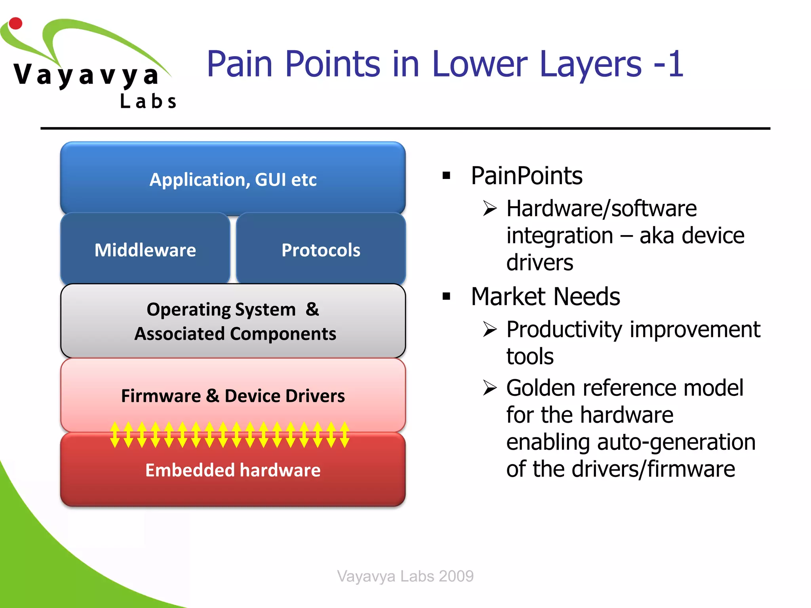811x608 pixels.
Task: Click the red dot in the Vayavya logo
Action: click(15, 23)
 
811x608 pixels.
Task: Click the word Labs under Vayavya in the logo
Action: click(148, 101)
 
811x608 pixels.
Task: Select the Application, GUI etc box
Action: click(233, 179)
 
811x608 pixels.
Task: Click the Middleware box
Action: click(145, 250)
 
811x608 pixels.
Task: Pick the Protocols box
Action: click(321, 250)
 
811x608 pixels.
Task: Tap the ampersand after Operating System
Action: click(312, 309)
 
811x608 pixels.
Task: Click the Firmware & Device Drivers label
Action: click(233, 395)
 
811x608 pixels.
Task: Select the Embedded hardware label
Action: click(233, 470)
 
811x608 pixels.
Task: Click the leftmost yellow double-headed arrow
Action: click(115, 435)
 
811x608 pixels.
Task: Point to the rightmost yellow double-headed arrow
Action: click(345, 435)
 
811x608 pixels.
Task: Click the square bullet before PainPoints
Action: click(447, 175)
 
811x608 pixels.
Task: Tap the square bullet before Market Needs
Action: click(447, 296)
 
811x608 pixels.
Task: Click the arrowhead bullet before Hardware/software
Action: click(490, 208)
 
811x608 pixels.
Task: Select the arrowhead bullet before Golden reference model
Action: click(490, 388)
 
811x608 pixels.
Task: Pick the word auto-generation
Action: click(676, 442)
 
